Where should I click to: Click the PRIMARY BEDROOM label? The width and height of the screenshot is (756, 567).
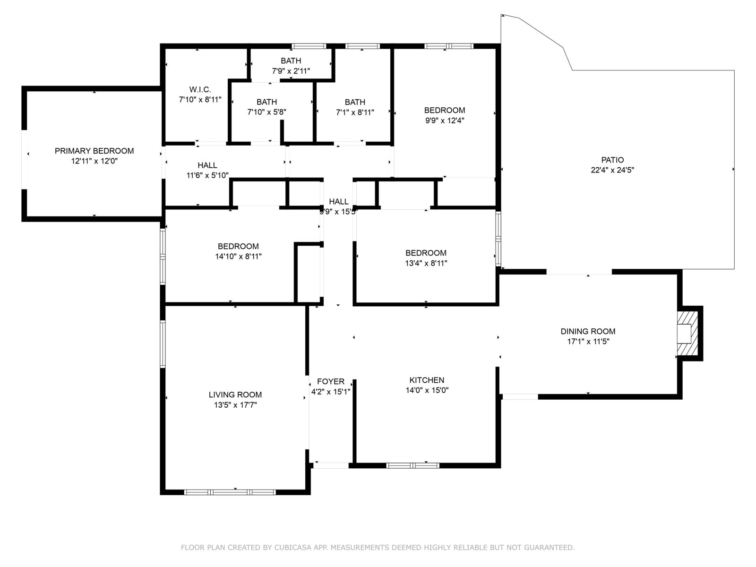pos(94,151)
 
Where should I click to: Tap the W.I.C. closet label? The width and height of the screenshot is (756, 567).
pos(200,89)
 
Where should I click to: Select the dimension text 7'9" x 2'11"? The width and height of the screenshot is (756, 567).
pos(291,71)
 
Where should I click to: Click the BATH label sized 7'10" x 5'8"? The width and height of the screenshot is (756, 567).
pos(266,102)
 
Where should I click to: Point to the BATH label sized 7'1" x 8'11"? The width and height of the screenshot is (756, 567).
pos(355,102)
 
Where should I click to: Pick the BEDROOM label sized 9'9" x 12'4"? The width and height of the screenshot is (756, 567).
pos(445,110)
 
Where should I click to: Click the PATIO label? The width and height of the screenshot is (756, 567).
pos(612,160)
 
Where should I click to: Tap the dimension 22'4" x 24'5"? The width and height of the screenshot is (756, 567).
pos(612,170)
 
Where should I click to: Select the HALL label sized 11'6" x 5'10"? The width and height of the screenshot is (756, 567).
pos(207,165)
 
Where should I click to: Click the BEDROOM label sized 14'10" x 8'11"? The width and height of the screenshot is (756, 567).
pos(238,246)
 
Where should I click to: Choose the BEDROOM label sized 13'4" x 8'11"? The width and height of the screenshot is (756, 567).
pos(426,253)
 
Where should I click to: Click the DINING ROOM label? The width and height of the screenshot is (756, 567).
pos(588,331)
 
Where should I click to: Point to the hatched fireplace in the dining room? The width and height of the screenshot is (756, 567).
pos(688,334)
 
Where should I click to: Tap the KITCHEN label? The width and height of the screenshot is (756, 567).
pos(427,380)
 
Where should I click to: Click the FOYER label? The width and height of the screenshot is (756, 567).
pos(331,381)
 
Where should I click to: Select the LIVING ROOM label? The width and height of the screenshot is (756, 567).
pos(235,395)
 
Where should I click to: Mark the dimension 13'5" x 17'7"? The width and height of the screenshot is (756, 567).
pos(235,405)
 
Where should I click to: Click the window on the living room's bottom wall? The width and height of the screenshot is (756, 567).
pos(230,492)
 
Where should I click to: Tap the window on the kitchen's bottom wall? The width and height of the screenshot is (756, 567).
pos(412,466)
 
